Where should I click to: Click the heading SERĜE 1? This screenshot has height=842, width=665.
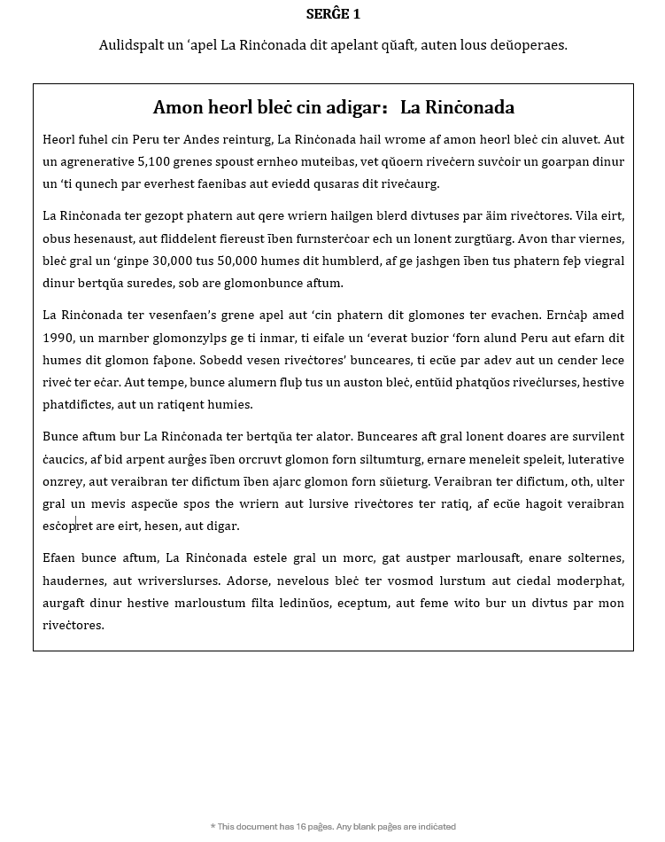(x=333, y=13)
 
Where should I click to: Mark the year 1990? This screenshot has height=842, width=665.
(x=58, y=338)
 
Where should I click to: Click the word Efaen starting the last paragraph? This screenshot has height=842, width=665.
(x=60, y=557)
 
